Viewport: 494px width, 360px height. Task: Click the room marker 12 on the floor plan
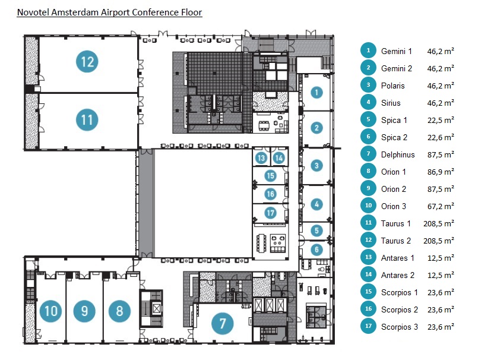88,61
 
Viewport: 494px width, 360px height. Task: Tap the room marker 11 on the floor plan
87,120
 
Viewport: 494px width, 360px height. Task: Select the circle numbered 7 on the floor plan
223,324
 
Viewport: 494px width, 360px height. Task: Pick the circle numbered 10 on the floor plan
51,311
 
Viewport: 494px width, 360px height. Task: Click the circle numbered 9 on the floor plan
85,311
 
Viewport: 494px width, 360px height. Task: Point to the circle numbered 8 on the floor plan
119,311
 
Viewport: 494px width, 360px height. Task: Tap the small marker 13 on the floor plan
262,158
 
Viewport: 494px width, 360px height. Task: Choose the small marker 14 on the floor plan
278,158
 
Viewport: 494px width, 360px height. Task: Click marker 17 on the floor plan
270,213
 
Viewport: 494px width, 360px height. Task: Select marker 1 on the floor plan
317,92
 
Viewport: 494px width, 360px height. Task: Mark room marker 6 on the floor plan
317,250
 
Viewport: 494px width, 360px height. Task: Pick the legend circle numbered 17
368,326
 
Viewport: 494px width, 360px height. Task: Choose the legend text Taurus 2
396,241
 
